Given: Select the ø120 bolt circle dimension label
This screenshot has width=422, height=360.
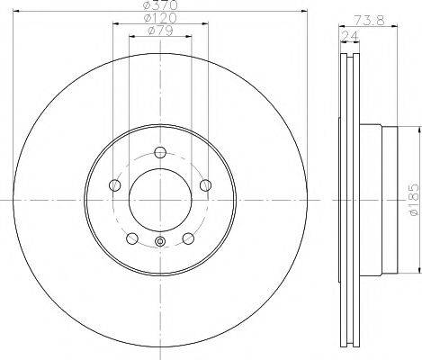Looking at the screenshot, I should point(159,20).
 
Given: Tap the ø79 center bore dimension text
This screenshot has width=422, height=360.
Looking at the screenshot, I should point(158,34).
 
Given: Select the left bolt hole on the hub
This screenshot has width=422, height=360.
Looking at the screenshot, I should point(114,185).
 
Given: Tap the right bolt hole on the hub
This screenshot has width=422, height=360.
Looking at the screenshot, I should point(206,185).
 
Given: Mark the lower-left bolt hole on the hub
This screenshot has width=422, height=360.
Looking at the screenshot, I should point(132,238).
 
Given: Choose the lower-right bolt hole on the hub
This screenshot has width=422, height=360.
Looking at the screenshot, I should point(188,238).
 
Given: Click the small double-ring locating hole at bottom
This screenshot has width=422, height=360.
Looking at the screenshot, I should point(160,240).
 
